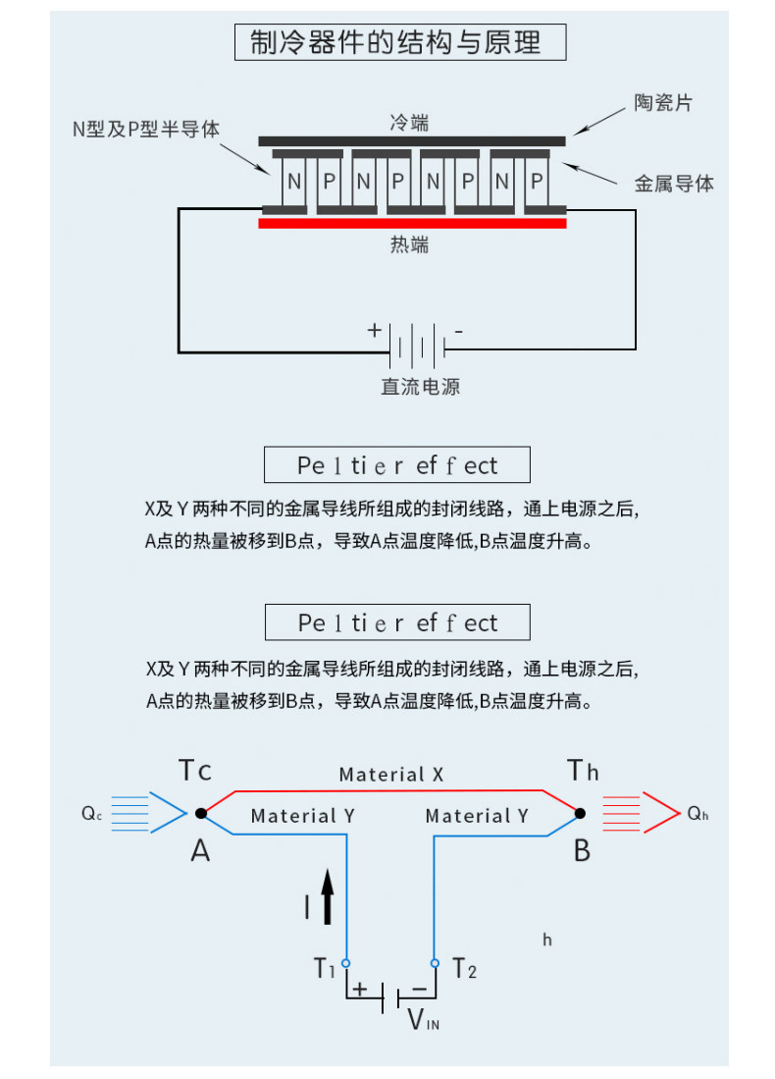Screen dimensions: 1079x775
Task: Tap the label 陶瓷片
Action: coord(662,102)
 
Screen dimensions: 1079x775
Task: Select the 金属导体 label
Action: coord(674,183)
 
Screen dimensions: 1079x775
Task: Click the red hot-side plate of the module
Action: coord(412,223)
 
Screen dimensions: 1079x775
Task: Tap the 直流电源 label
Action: coord(420,387)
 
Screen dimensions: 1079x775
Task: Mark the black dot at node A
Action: coord(200,813)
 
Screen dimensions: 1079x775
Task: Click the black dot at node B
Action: coord(580,813)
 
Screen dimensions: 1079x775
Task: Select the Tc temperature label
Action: coord(195,771)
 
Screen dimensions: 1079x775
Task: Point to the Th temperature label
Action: coord(583,771)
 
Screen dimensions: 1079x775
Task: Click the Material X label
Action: coord(390,775)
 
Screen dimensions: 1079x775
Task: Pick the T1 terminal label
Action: coord(325,968)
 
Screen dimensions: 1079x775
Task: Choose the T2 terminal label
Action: coord(465,968)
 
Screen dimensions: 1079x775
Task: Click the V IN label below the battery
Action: coord(423,1020)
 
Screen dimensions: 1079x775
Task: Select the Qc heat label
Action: coord(92,814)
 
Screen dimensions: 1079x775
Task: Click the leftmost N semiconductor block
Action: coord(293,182)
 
